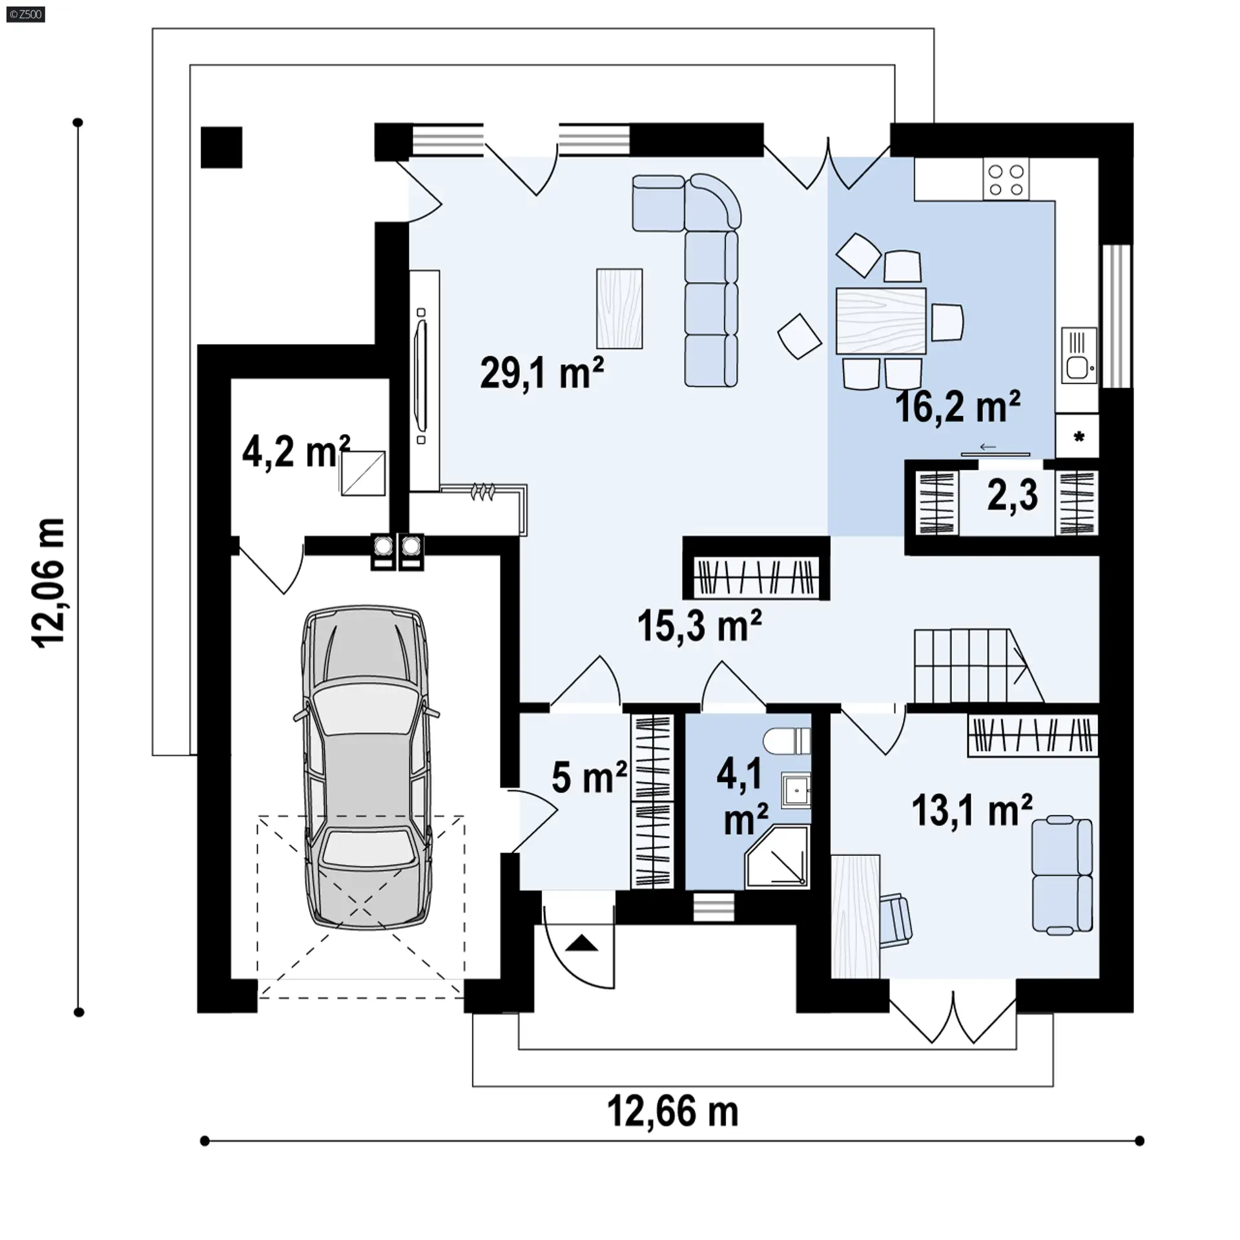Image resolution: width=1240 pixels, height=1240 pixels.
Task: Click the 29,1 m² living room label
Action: pos(542,373)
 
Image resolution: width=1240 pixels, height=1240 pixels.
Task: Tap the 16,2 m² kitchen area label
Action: pos(957,407)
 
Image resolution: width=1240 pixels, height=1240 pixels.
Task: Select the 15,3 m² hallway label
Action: pos(699,625)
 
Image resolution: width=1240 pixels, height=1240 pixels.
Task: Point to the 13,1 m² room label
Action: pos(971,810)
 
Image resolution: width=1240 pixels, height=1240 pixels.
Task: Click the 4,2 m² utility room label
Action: pos(296,451)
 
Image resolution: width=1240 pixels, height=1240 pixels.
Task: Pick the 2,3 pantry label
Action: pos(1012,496)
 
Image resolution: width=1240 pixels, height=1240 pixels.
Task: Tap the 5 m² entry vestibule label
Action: pos(589,777)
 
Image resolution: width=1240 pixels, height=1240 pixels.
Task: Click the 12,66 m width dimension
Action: pos(672,1111)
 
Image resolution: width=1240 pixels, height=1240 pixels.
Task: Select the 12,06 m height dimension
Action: pos(49,583)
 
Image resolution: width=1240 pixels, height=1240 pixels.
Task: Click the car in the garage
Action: pos(366,767)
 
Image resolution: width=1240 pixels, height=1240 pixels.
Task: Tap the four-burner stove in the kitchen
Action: pos(1006,180)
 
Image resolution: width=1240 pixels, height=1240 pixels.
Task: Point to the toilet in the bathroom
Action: pos(787,741)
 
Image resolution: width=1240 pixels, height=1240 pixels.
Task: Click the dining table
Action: pos(881,321)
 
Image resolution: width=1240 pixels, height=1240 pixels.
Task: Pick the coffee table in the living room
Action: pos(619,309)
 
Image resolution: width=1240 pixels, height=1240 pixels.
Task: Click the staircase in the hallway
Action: pos(978,666)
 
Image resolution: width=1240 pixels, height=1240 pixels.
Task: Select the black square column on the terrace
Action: pos(222,147)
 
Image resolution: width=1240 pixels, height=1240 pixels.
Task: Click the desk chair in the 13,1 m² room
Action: pos(896,920)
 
